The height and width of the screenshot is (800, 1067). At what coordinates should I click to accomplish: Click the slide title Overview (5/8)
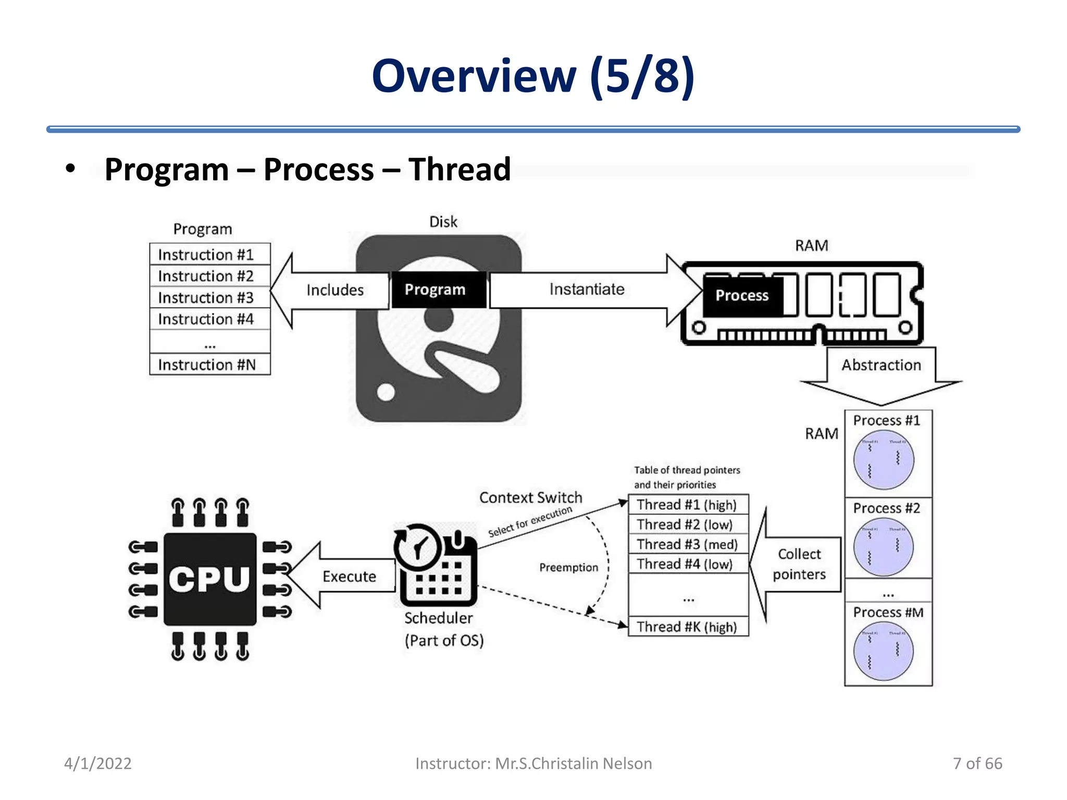(533, 77)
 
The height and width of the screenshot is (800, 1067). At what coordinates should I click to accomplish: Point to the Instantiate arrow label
(587, 290)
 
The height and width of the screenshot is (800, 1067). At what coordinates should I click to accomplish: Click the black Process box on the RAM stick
(742, 296)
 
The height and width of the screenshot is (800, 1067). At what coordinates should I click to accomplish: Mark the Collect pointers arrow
(799, 564)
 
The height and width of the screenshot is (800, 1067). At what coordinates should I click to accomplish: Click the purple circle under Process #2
(883, 547)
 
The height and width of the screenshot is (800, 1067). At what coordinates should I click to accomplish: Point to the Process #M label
(888, 612)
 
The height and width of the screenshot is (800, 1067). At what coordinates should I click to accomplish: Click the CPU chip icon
(210, 579)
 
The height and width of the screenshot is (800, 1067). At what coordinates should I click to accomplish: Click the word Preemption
(568, 568)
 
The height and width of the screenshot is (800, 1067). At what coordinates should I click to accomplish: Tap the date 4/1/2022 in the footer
(98, 764)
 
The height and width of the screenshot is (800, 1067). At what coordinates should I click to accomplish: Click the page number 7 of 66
(977, 764)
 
